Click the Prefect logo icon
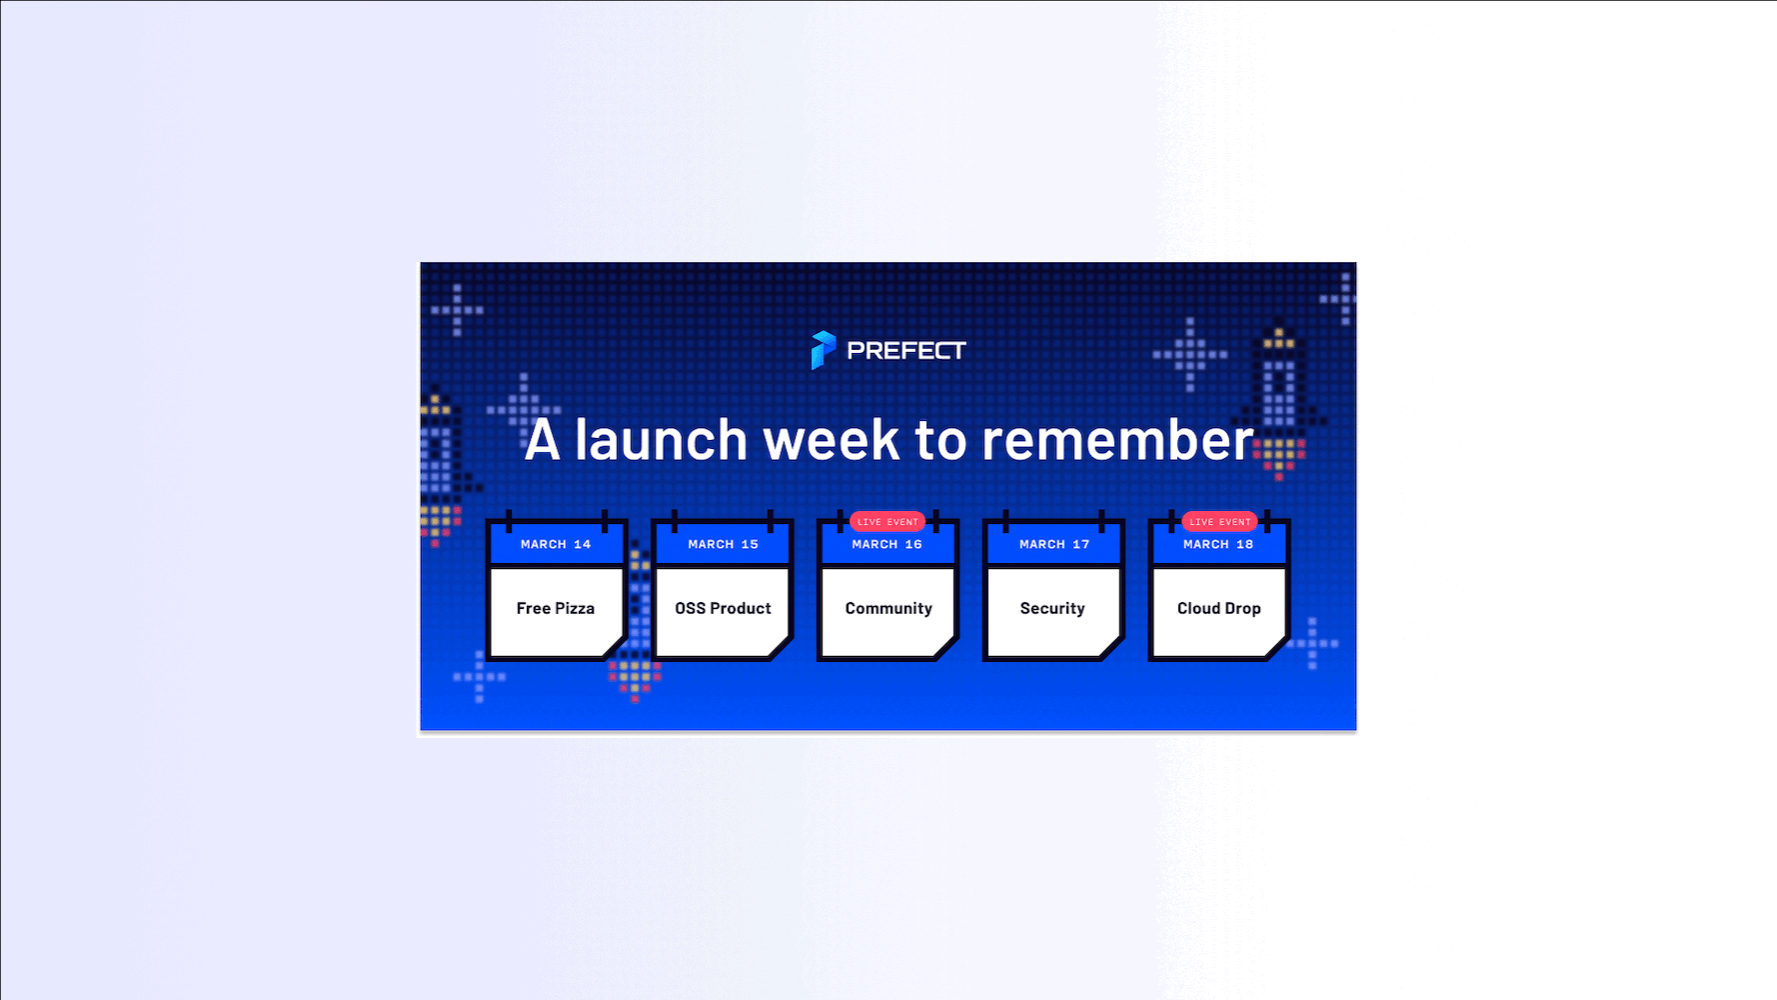(823, 350)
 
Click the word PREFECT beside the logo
(906, 351)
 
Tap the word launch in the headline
(661, 440)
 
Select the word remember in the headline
(1117, 440)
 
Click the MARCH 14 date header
(556, 544)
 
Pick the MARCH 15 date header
(723, 544)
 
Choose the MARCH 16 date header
(887, 544)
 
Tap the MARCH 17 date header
(1054, 544)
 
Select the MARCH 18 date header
(1218, 544)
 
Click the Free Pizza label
(556, 608)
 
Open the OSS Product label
(723, 608)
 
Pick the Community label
(888, 609)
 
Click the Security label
(1052, 609)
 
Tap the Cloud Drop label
(1219, 609)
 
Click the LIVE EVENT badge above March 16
(888, 522)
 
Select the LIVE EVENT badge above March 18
(1219, 522)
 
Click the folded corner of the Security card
(1111, 648)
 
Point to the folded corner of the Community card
(945, 648)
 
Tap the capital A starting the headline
(542, 440)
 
